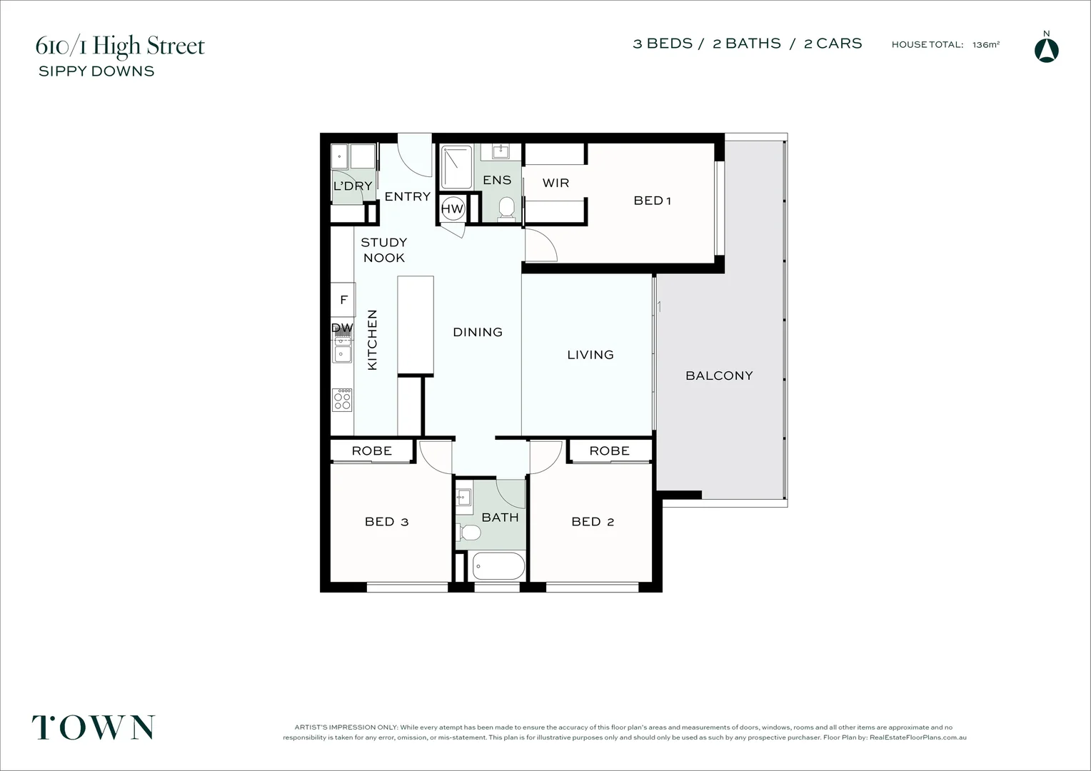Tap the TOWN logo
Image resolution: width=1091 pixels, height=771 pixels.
click(x=93, y=727)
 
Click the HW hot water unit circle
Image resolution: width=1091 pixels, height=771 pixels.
click(x=453, y=208)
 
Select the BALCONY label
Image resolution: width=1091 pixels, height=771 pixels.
click(x=719, y=376)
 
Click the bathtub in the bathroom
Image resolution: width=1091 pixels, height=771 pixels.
click(x=498, y=567)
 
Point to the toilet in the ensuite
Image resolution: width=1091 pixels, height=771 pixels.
click(x=506, y=208)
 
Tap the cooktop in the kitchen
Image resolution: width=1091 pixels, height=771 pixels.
click(x=343, y=400)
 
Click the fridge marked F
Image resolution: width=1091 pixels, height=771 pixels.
click(x=343, y=300)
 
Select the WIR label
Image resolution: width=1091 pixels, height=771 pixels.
click(x=555, y=183)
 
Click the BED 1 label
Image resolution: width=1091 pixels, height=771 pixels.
click(x=652, y=201)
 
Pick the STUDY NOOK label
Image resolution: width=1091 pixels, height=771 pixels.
click(x=383, y=250)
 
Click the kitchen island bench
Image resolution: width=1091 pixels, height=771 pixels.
click(x=416, y=325)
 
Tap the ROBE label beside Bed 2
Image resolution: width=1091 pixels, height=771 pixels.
click(x=609, y=450)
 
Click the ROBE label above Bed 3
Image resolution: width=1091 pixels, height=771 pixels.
click(x=371, y=450)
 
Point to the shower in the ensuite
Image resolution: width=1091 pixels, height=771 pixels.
click(x=456, y=167)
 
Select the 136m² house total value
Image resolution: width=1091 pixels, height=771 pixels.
click(x=985, y=44)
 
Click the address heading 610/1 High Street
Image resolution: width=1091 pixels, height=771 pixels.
click(x=120, y=46)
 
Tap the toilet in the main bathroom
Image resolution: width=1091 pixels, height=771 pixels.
click(x=470, y=532)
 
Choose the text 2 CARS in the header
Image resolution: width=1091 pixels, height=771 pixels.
click(x=833, y=44)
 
